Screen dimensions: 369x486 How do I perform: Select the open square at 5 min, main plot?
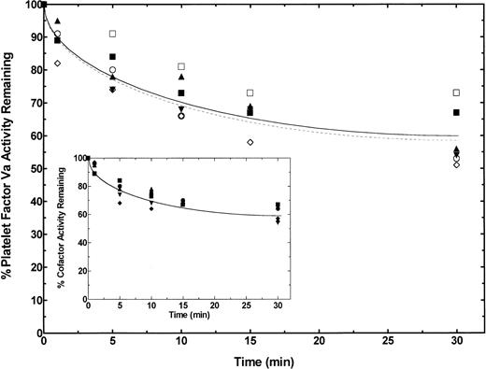[x=113, y=34]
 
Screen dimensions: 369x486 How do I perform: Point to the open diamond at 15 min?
[x=250, y=142]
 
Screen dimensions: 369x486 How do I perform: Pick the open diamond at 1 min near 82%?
[x=58, y=64]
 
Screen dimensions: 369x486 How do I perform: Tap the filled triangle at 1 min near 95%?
[x=58, y=21]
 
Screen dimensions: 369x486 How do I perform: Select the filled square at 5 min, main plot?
[x=113, y=57]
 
